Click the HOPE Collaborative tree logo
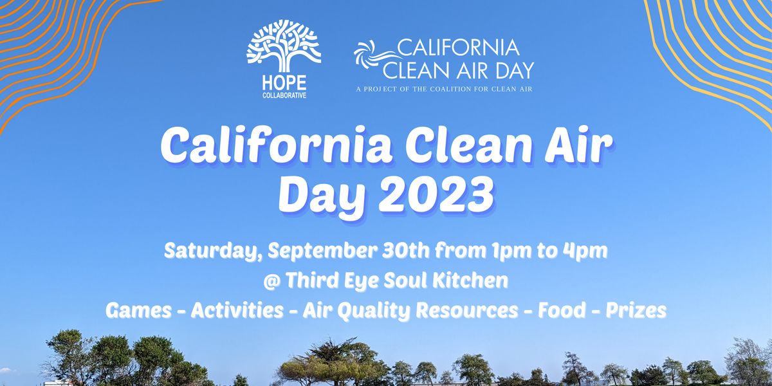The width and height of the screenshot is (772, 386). pyautogui.click(x=284, y=45)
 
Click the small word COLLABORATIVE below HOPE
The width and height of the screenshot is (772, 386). pyautogui.click(x=284, y=95)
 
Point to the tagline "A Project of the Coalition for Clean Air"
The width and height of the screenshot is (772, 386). pyautogui.click(x=445, y=89)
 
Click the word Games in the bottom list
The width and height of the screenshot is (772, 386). pyautogui.click(x=137, y=311)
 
